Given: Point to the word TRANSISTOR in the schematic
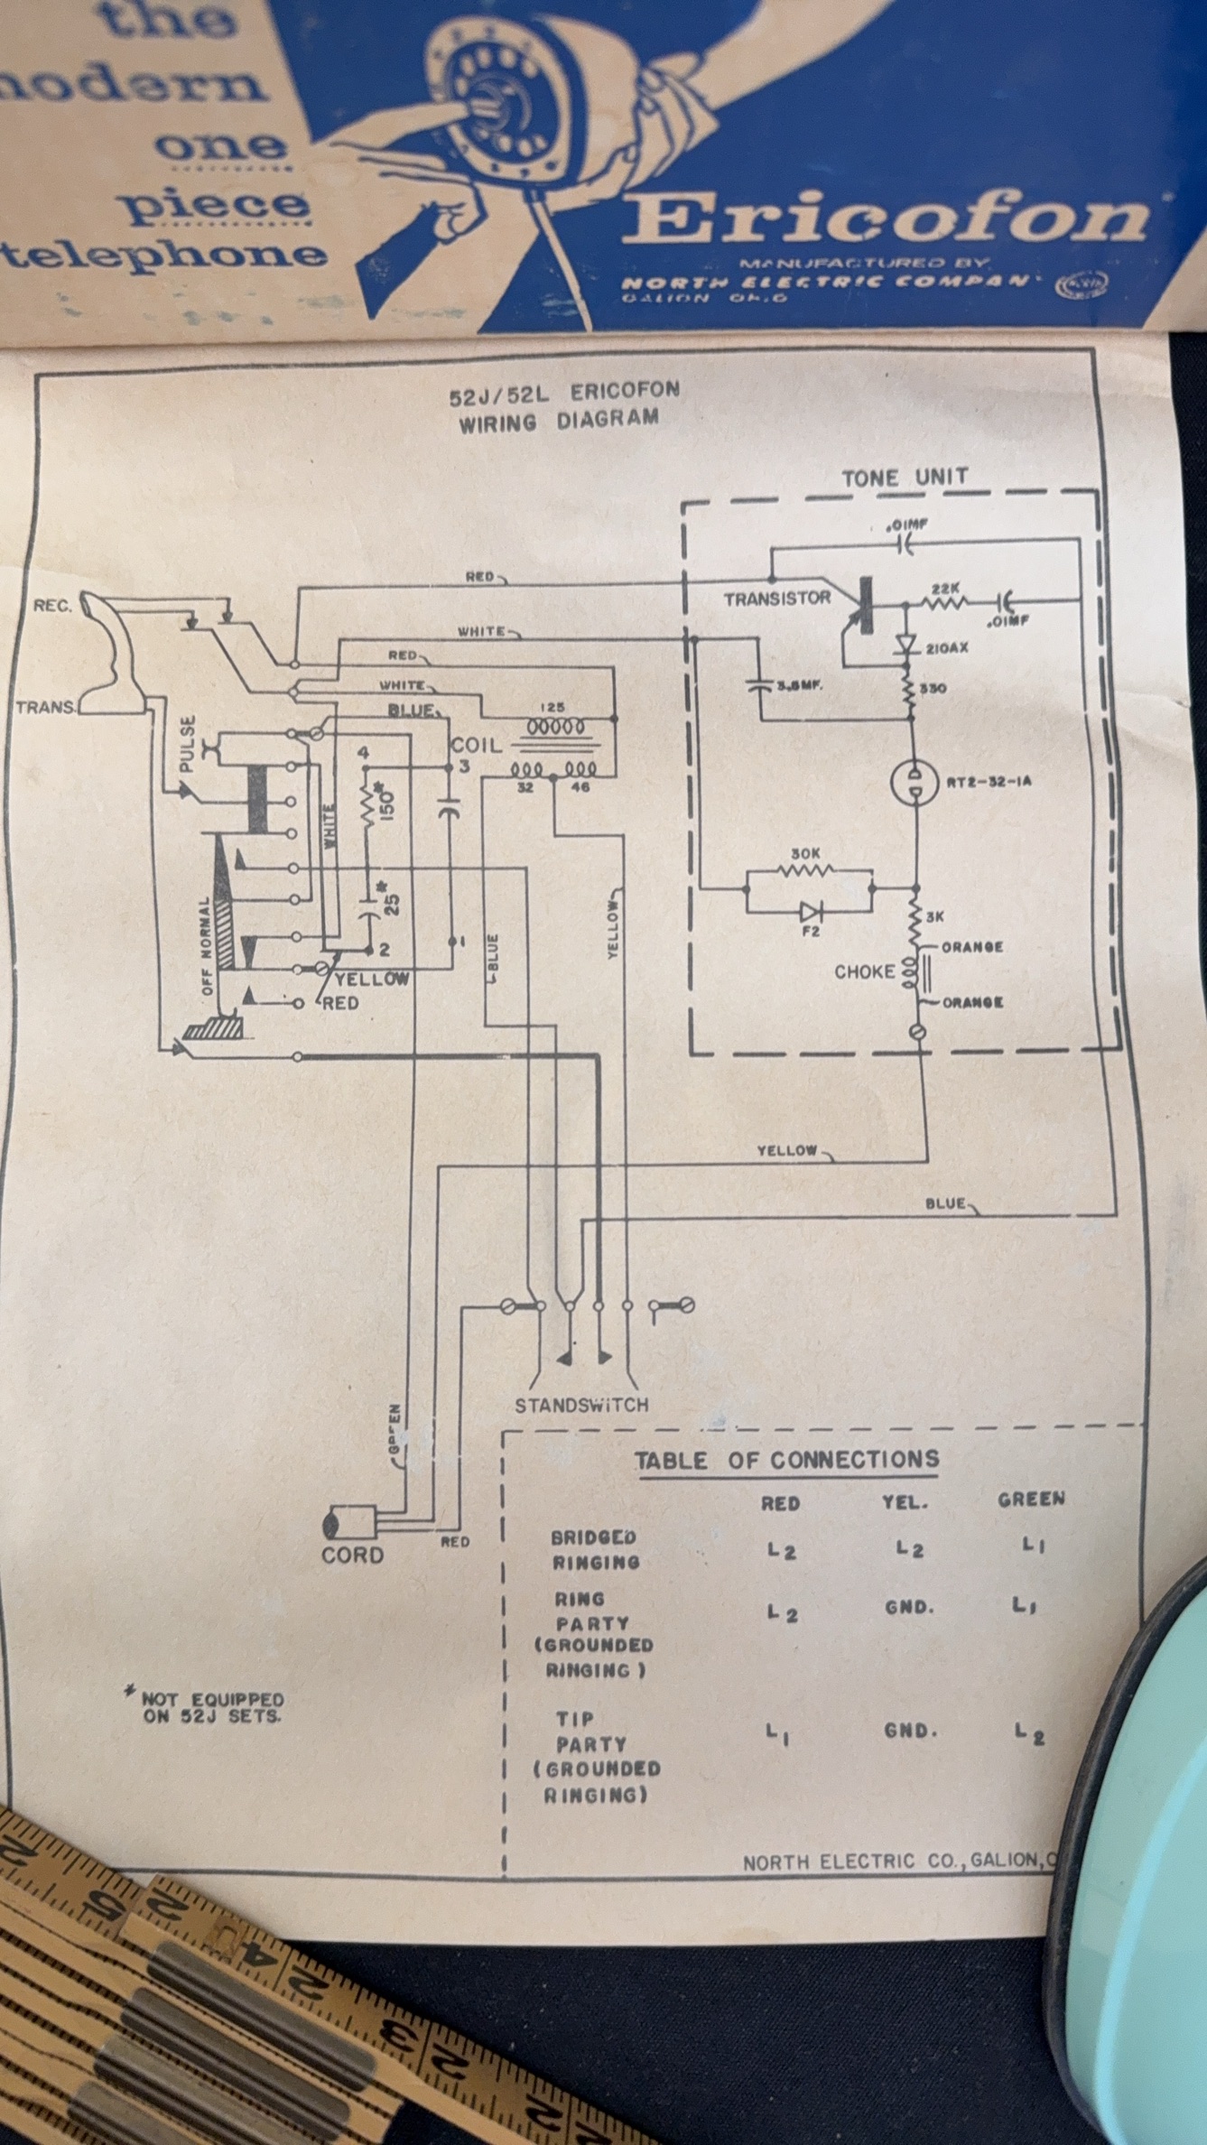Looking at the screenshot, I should coord(776,598).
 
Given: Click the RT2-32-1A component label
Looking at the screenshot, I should coord(988,782).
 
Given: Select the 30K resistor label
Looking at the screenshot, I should coord(805,853).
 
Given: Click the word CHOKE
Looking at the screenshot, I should coord(864,972).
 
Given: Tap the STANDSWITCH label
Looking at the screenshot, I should coord(581,1405).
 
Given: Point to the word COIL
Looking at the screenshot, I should coord(476,747).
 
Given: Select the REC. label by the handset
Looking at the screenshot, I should coord(52,605).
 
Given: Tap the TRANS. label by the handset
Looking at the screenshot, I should coord(45,707).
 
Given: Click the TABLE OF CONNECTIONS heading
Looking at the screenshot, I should coord(786,1460).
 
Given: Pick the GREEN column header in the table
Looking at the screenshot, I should coord(1031,1500).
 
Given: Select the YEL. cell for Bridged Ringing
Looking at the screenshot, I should coord(909,1549).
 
